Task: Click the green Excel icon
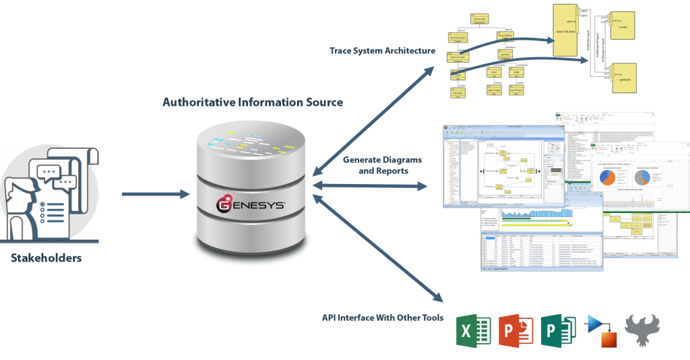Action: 474,330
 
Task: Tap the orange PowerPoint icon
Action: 516,330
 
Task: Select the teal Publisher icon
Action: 559,330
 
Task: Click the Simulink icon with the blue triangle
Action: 601,331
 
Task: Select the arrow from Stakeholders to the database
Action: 156,194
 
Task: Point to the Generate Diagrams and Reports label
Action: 382,165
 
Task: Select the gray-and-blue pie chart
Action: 641,177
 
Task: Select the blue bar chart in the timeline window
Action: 532,214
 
